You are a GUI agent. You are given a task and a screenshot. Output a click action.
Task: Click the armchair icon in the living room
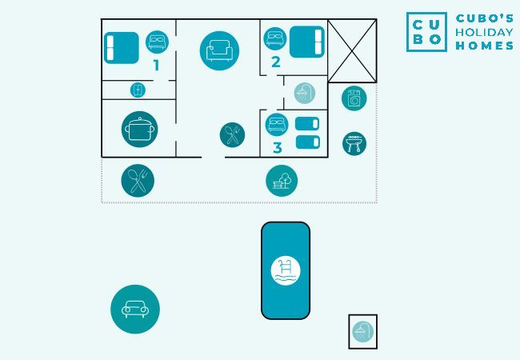pos(219,51)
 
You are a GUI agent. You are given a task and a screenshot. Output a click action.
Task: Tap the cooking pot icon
pos(140,129)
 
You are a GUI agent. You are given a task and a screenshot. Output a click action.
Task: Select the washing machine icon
pos(354,98)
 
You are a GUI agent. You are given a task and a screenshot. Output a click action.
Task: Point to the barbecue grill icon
pos(354,144)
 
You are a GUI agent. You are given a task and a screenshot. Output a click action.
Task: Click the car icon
pos(134,309)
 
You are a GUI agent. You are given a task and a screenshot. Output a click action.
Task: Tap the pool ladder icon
pos(286,270)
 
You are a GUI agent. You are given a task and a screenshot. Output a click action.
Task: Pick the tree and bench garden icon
pos(282,181)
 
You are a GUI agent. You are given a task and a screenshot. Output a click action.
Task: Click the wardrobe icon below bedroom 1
pos(138,90)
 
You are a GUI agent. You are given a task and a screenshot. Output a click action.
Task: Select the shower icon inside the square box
pos(362,331)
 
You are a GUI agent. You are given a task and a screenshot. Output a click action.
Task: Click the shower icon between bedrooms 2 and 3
pos(304,93)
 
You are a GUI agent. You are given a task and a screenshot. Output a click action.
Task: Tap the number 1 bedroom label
pos(157,65)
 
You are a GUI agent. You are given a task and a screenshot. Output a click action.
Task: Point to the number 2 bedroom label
pos(276,61)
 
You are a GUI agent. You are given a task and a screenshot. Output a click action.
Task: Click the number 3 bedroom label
pos(278,148)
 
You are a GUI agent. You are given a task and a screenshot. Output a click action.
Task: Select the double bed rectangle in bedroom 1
pos(122,46)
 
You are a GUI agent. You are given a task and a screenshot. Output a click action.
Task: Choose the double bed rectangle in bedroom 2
pos(306,42)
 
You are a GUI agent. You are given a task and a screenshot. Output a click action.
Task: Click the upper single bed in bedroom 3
pos(307,124)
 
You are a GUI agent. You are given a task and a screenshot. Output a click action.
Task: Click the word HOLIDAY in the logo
pos(484,32)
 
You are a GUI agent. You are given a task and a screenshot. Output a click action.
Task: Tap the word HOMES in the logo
pos(484,46)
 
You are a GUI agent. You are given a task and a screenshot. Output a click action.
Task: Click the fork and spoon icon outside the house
pos(138,181)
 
